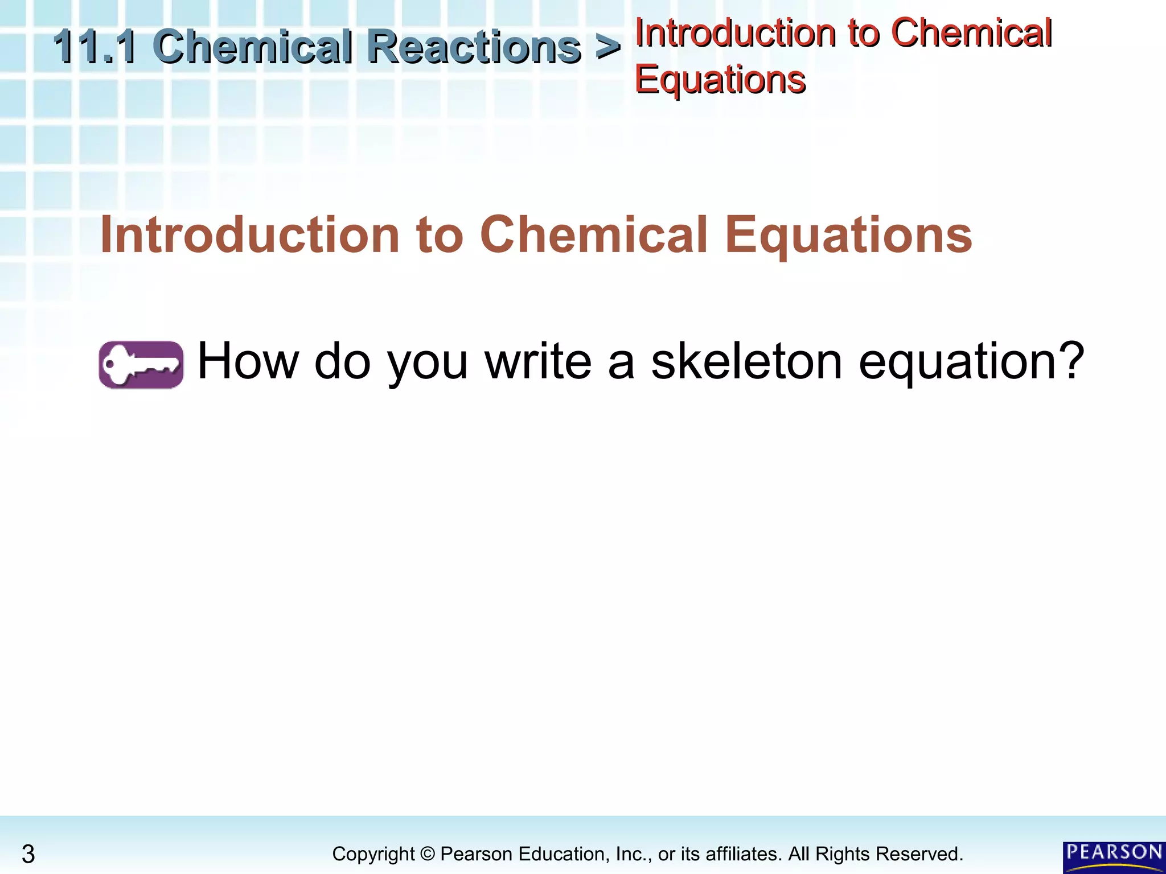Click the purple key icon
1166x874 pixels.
click(x=141, y=365)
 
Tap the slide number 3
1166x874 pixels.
click(x=28, y=854)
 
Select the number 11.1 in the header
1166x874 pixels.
click(x=95, y=47)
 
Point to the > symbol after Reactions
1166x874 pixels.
click(x=607, y=47)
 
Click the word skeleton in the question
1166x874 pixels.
click(x=746, y=361)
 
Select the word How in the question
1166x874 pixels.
click(x=248, y=361)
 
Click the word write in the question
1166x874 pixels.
click(x=538, y=361)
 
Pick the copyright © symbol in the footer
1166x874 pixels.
click(x=427, y=854)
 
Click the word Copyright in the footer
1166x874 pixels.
click(x=373, y=854)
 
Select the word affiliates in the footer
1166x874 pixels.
click(x=743, y=854)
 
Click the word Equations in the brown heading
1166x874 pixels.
click(x=848, y=235)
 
